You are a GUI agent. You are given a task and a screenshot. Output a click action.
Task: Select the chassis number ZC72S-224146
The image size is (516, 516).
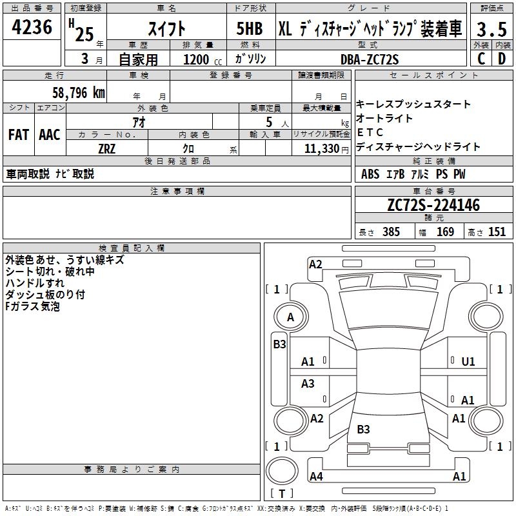(433, 205)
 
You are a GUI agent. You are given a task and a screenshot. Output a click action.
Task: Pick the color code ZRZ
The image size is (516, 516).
(107, 148)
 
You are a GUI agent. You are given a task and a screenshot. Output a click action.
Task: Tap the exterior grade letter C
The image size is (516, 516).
(481, 59)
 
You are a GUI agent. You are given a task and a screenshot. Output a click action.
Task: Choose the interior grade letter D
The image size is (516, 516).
(502, 59)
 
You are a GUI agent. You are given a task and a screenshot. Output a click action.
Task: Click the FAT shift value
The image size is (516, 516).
(18, 135)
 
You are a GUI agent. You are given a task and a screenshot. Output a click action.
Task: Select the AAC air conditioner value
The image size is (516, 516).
(50, 135)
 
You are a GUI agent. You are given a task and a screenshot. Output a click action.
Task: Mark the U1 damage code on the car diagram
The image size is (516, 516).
(468, 361)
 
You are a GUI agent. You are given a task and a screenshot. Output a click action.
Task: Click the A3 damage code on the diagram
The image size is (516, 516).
(308, 384)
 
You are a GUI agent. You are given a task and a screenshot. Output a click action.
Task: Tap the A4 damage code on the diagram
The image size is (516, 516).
(316, 477)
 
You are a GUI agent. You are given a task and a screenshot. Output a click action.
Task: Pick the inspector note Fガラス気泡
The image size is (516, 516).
(32, 306)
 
